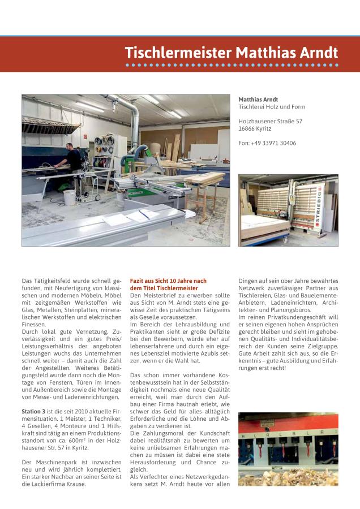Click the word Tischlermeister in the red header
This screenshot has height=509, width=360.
(x=178, y=53)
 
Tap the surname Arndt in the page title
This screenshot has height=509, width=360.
(x=314, y=53)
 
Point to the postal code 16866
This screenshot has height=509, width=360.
(x=247, y=128)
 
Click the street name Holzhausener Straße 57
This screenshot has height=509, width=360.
(x=270, y=121)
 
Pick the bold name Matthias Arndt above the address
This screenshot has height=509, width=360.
(x=258, y=99)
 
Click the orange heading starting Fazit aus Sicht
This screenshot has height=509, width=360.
(x=168, y=281)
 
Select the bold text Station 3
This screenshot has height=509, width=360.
(x=34, y=410)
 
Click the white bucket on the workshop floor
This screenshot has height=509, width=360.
(x=69, y=197)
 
